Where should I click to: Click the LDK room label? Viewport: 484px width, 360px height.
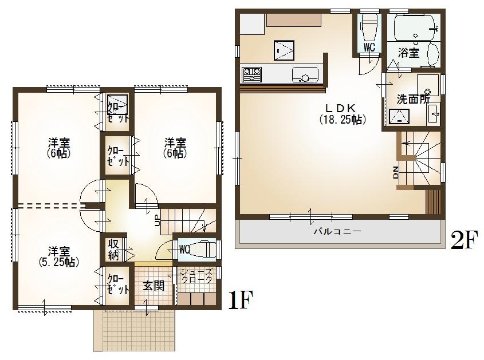[x=342, y=108]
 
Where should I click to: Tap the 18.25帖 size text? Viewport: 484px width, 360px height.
[x=342, y=120]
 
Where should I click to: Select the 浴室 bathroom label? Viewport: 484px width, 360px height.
[x=408, y=53]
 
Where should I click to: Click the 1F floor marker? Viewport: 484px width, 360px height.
[x=239, y=299]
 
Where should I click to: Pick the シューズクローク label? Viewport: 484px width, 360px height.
[x=196, y=276]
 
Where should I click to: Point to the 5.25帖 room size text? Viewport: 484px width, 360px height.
[x=59, y=262]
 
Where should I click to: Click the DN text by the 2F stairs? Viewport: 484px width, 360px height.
[x=396, y=172]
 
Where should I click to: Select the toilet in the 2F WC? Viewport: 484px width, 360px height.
[x=369, y=26]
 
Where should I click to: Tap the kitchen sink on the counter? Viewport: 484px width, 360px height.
[x=305, y=74]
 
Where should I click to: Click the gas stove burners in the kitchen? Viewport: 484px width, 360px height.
[x=252, y=74]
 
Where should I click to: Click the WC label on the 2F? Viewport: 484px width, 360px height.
[x=369, y=48]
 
